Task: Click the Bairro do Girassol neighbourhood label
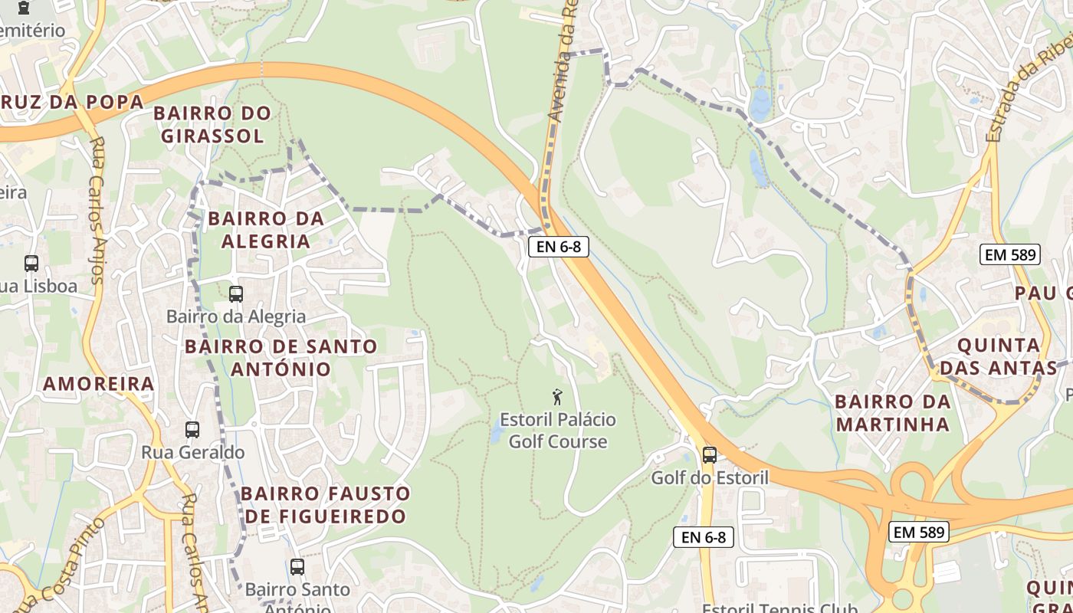(212, 125)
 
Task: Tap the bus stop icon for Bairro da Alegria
(236, 293)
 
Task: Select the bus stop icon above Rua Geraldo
(192, 430)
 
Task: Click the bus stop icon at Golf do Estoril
(710, 454)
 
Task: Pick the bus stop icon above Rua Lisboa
(31, 264)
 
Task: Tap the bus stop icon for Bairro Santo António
(297, 567)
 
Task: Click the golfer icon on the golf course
(557, 397)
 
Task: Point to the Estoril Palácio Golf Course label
(558, 431)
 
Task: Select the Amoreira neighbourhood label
(99, 384)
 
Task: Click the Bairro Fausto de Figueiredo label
(326, 504)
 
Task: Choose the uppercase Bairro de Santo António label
(281, 358)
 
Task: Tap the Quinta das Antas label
(998, 356)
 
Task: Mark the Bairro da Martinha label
(893, 412)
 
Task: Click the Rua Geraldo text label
(193, 452)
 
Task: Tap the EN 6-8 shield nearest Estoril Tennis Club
(704, 537)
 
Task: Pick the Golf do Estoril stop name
(710, 478)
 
